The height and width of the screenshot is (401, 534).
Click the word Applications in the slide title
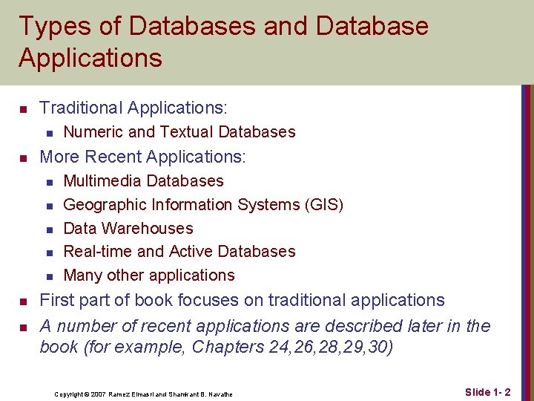pyautogui.click(x=90, y=58)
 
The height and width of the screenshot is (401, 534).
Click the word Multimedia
pyautogui.click(x=103, y=181)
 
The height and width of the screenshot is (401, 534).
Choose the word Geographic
pyautogui.click(x=104, y=205)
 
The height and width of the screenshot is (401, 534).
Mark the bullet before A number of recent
pyautogui.click(x=23, y=327)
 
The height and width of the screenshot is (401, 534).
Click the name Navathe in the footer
pyautogui.click(x=219, y=394)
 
